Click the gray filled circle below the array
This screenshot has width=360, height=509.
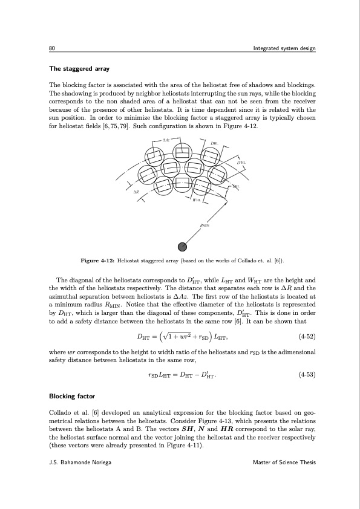182,246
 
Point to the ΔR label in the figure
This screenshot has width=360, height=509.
137,191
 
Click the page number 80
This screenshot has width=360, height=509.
53,48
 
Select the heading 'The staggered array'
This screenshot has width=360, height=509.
76,69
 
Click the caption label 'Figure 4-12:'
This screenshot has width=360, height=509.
98,261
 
